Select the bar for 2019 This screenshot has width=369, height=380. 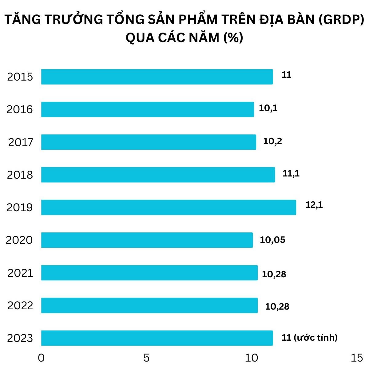point(169,207)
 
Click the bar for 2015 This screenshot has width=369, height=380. point(157,77)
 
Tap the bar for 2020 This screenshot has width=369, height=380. point(147,240)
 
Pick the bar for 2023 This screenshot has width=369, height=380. point(157,338)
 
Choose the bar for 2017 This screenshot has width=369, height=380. point(149,142)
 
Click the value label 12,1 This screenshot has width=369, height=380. point(314,205)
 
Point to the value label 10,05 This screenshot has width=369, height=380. point(272,240)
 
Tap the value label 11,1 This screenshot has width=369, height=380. point(291,174)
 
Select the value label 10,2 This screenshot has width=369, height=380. point(272,141)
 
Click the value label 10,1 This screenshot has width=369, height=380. point(268,108)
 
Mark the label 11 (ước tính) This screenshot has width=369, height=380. point(309,338)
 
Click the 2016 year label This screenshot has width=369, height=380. point(20,109)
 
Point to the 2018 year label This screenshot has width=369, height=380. point(20,175)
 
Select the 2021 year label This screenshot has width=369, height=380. point(20,273)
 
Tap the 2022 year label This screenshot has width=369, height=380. point(20,305)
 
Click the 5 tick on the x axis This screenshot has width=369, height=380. point(146,358)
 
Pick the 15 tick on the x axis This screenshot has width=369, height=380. point(357,358)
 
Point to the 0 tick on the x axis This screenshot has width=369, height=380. point(41,358)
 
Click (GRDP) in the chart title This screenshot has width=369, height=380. point(341,20)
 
